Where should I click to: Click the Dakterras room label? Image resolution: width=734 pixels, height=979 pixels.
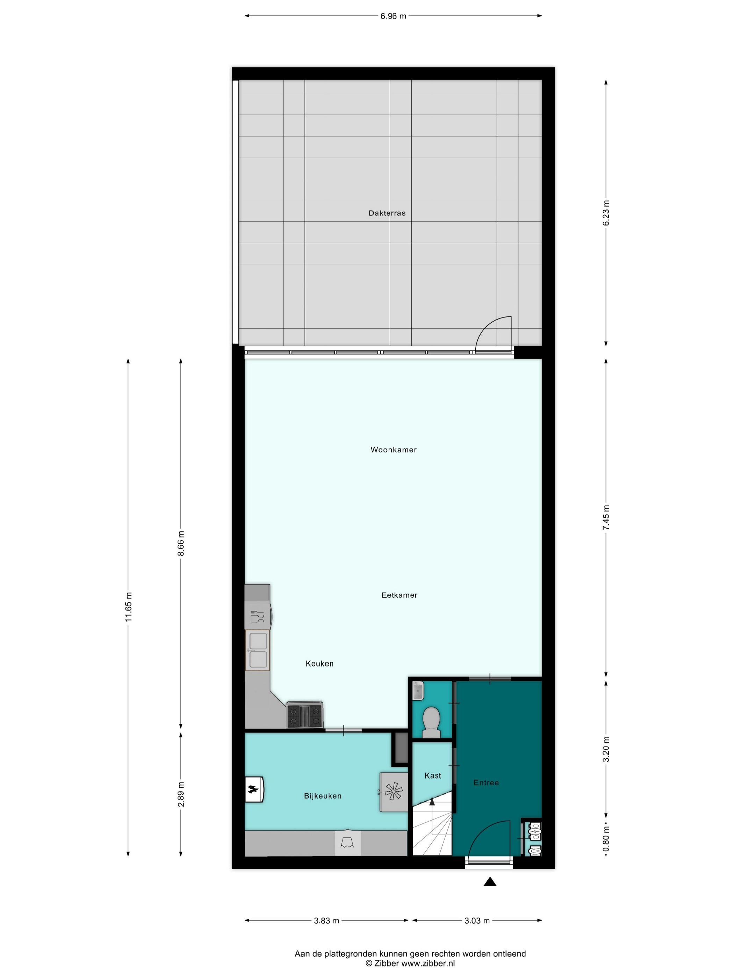[x=387, y=213]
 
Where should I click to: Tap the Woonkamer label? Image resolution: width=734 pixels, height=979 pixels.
[x=393, y=450]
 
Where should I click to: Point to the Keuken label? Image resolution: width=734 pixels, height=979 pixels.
[x=319, y=663]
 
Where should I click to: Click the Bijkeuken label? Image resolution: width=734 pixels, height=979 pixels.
[x=323, y=796]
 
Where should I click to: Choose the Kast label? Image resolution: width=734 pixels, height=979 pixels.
[x=432, y=776]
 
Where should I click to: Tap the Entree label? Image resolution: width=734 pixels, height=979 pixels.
[x=486, y=783]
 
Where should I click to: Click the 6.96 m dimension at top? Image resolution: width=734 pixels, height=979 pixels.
[x=393, y=16]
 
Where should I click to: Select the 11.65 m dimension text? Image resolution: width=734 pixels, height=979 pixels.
[x=129, y=607]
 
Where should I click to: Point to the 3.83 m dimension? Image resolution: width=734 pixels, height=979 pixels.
[x=326, y=921]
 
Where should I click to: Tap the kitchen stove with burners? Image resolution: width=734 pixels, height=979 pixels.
[x=304, y=714]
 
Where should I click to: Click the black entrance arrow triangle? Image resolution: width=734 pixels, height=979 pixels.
[x=490, y=881]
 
